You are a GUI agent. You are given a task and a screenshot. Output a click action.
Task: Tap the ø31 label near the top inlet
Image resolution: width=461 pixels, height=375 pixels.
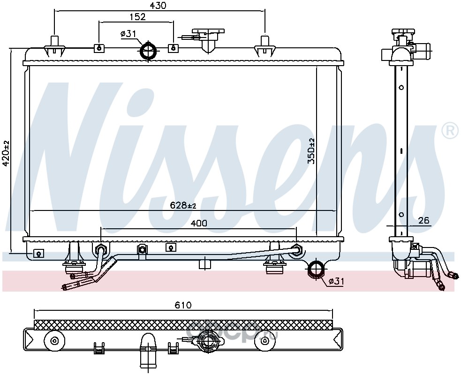click(x=128, y=34)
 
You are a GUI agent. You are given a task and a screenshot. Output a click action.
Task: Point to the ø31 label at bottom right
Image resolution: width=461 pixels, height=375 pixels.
click(x=336, y=281)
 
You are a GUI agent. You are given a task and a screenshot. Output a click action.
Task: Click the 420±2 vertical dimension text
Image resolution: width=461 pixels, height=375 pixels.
click(x=6, y=154)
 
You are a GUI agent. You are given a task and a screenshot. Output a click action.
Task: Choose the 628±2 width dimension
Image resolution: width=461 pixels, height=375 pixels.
click(x=183, y=205)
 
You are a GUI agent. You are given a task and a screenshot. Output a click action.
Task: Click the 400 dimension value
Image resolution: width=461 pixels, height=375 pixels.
click(x=199, y=223)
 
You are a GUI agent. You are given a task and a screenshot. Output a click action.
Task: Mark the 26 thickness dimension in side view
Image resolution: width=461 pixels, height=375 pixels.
click(x=423, y=220)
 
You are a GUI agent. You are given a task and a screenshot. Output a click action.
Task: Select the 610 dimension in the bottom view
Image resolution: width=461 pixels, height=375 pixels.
click(x=183, y=305)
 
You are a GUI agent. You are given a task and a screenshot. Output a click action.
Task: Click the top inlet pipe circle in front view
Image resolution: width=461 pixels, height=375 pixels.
click(x=149, y=51)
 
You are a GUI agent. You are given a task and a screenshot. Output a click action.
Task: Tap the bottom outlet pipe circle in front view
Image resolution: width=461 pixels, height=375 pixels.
click(x=316, y=268)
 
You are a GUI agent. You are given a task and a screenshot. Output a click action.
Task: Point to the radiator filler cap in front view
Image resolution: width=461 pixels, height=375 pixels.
click(x=208, y=39)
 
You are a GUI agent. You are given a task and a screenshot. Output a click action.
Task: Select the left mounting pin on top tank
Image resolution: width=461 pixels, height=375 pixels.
click(x=55, y=46)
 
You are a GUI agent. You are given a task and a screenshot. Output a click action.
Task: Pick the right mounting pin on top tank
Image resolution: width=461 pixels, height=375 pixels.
click(x=265, y=46)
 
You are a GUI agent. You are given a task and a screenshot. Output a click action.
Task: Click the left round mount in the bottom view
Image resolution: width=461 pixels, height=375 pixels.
click(x=54, y=341)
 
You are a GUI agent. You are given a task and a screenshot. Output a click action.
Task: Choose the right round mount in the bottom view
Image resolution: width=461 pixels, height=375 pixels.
click(x=265, y=341)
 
